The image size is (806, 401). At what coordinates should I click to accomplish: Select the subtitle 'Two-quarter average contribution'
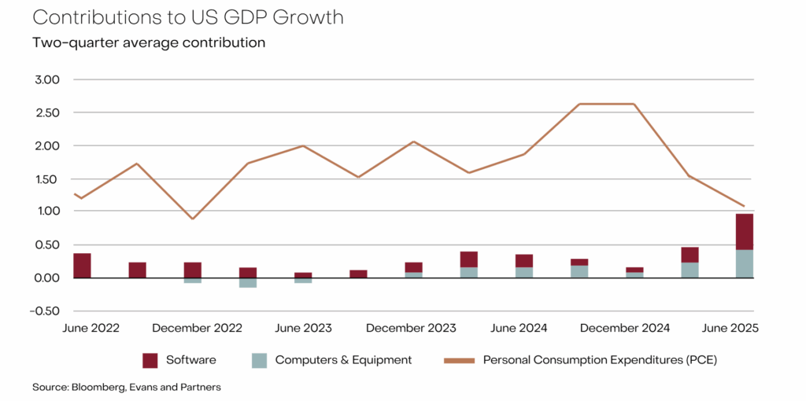pos(149,42)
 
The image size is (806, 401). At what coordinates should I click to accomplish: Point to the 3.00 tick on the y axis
pos(47,80)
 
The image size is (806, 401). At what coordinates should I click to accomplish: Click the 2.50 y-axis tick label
pos(47,113)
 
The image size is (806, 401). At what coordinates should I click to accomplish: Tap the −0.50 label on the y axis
pos(44,311)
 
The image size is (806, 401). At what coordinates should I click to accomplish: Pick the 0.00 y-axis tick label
pos(47,278)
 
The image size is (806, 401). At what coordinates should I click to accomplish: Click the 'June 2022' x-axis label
pos(91,328)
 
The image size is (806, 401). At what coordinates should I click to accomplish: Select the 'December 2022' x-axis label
pos(197,328)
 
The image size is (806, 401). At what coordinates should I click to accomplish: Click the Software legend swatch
pos(150,360)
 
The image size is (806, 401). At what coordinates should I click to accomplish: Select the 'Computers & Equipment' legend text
pos(343,360)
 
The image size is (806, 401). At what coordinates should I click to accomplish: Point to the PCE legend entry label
pos(600,360)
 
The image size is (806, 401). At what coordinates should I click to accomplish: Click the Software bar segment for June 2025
pos(745,231)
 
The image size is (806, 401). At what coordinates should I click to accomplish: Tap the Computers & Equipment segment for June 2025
pos(745,263)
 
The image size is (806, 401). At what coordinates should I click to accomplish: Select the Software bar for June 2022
pos(82,266)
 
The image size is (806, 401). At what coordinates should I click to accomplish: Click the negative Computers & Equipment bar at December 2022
pos(193,281)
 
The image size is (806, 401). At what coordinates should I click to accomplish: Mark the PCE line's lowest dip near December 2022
pos(193,219)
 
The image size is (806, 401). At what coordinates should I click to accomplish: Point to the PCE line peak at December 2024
pos(634,104)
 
